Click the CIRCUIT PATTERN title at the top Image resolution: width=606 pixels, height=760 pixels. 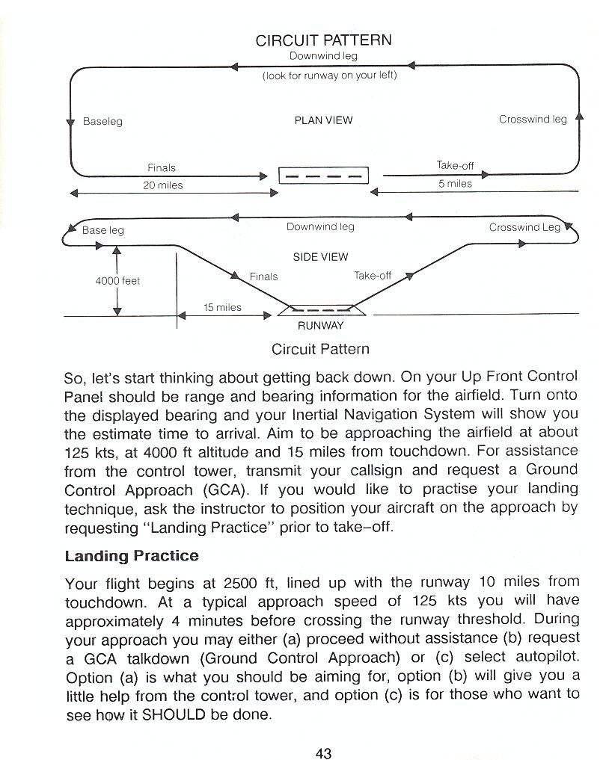323,40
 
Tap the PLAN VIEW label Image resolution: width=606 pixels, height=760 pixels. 323,120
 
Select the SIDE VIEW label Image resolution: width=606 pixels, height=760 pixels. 320,257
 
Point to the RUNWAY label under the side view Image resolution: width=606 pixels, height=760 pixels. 320,326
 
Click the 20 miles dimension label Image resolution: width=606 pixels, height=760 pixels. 162,185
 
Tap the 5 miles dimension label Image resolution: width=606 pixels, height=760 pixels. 455,184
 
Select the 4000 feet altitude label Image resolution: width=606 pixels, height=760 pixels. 117,281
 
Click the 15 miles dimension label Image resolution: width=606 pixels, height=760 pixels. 222,307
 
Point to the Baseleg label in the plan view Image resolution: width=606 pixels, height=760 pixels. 102,121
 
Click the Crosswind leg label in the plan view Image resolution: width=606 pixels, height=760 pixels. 533,120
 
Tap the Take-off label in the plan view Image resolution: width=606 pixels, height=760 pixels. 455,166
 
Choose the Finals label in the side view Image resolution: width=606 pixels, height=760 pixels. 263,276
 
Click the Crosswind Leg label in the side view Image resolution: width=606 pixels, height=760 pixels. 524,227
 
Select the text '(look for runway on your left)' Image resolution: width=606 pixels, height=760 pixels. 329,75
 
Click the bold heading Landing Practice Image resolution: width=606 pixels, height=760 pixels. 132,556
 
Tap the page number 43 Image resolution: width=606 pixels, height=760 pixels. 323,753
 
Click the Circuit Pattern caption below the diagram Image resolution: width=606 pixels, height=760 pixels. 320,349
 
